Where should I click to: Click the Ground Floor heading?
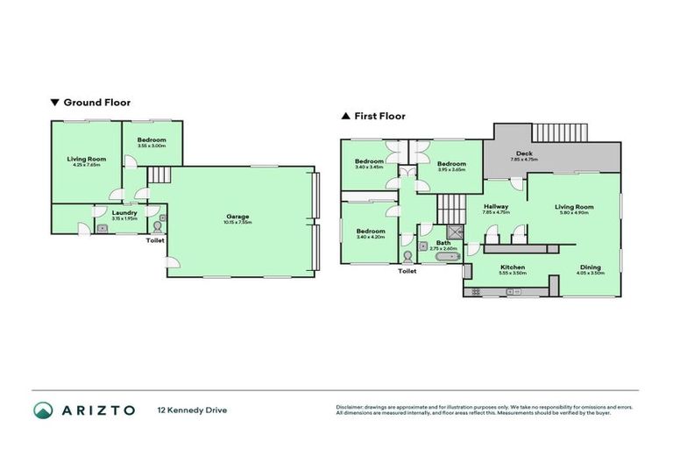(x=96, y=103)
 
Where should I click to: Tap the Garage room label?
(x=238, y=217)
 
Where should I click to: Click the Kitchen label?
(x=513, y=267)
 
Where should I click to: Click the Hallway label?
(x=496, y=206)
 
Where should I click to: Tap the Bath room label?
(x=443, y=243)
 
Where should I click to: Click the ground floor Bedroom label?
(x=152, y=140)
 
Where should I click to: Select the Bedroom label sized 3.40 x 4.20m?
(x=371, y=231)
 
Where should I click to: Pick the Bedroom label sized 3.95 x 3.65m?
(x=451, y=164)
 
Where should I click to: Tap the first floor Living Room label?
(x=575, y=206)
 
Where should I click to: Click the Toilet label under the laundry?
(x=155, y=240)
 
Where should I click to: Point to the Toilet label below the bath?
(x=407, y=272)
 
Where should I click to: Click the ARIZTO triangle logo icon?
(x=44, y=410)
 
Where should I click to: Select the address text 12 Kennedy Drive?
(x=191, y=410)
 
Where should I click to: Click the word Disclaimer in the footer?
(x=351, y=407)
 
